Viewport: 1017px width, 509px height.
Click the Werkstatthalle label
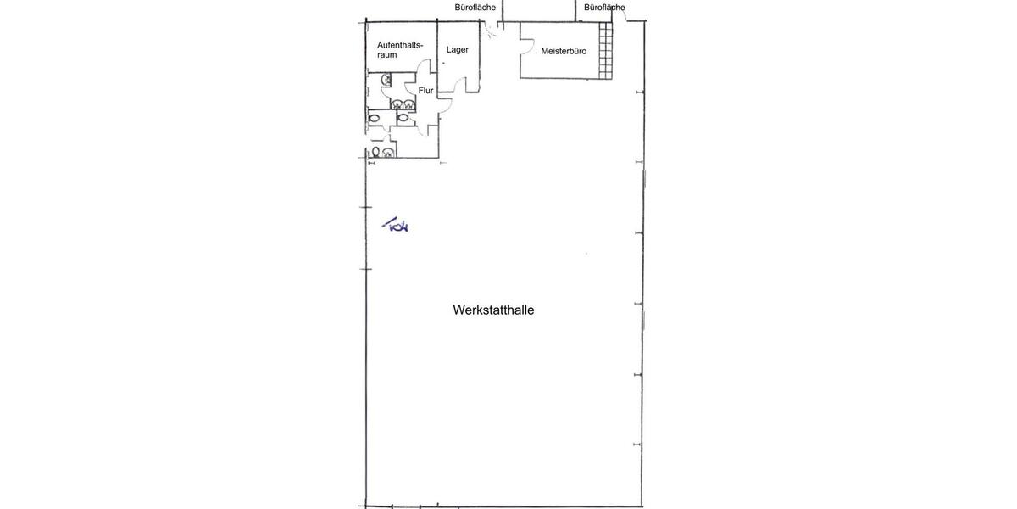[x=493, y=310]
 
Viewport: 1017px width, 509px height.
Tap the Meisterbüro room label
[x=564, y=51]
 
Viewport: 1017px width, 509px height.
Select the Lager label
[x=458, y=49]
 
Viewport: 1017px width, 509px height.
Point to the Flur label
[x=425, y=90]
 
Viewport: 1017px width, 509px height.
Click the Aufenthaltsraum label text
[x=399, y=49]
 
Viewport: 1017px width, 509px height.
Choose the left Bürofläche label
[x=475, y=8]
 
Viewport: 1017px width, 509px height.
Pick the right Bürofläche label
[x=604, y=8]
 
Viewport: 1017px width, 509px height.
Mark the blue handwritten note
[x=396, y=226]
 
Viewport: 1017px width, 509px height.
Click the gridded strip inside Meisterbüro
[x=604, y=51]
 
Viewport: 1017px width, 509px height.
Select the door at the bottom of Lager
[x=461, y=85]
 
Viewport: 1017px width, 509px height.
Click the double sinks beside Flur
[x=403, y=105]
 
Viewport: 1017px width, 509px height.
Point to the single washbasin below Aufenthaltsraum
[x=386, y=81]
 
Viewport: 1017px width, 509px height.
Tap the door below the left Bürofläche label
[x=492, y=31]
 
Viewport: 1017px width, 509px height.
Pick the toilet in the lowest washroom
[x=375, y=153]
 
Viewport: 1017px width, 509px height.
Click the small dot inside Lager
[x=443, y=63]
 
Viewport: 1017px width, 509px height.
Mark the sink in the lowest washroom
[x=388, y=154]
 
